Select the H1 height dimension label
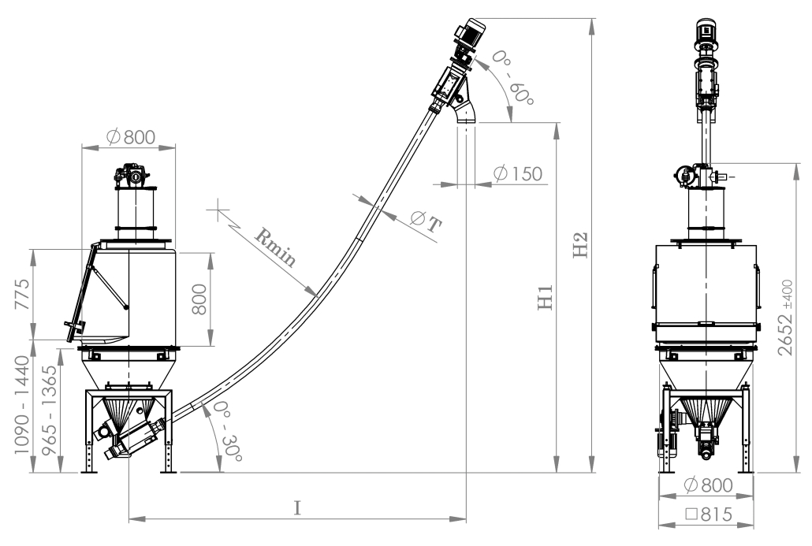coord(546,297)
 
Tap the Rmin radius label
coord(275,247)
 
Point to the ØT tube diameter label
coord(426,221)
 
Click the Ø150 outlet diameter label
coord(517,174)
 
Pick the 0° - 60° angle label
coord(512,78)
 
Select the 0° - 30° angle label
coord(227,431)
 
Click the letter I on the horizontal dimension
coord(297,508)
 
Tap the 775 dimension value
coord(22,294)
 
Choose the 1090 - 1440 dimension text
coord(22,405)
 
